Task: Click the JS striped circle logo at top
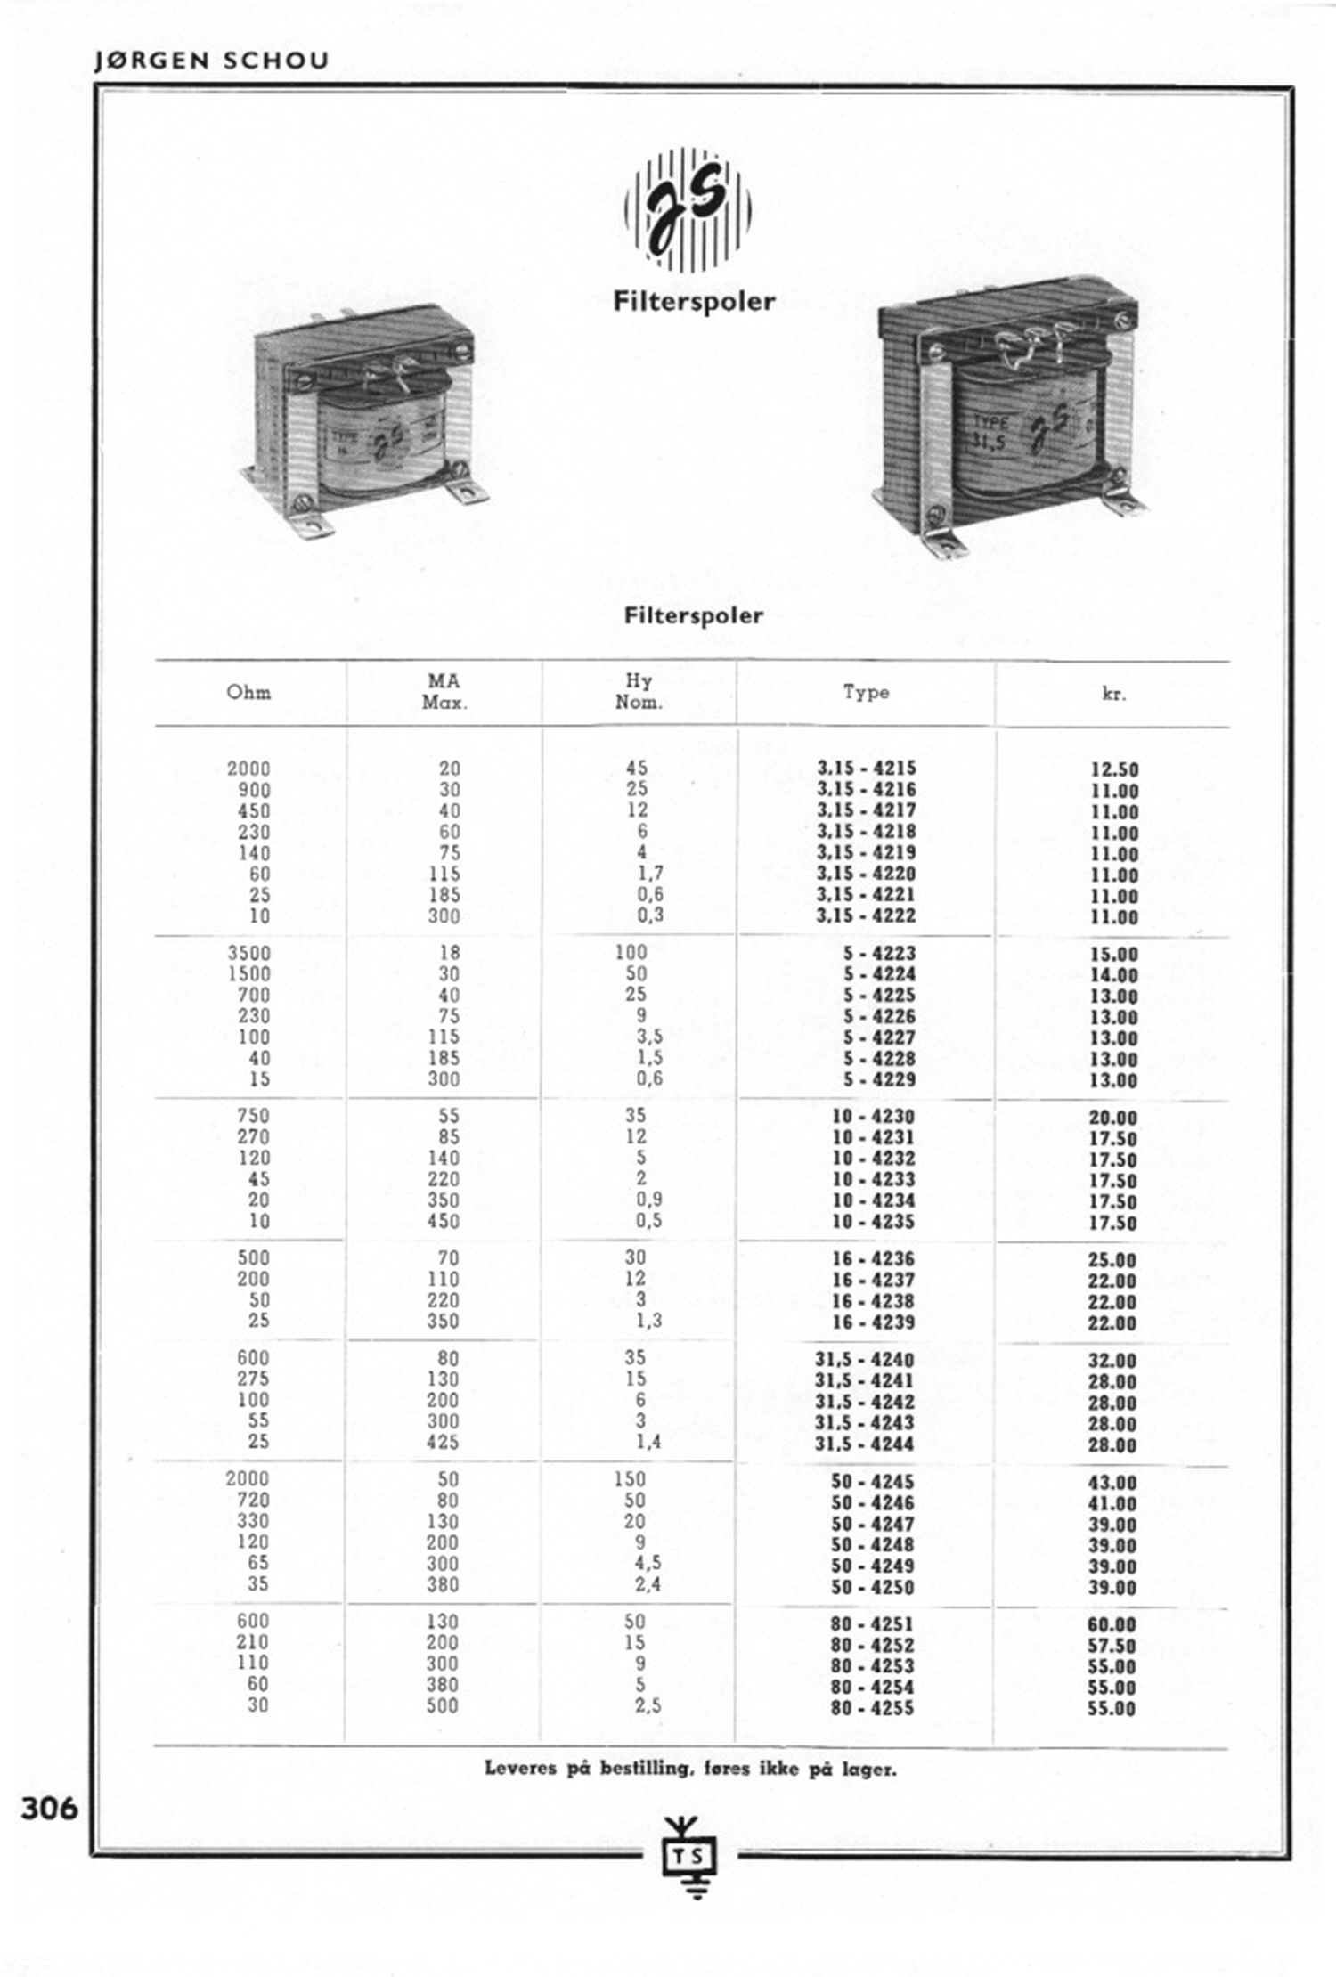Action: pos(688,210)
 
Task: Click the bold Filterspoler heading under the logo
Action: pos(694,301)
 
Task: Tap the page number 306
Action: pos(50,1809)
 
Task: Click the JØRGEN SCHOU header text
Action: pos(212,61)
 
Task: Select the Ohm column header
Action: pos(248,692)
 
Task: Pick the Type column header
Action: pos(866,692)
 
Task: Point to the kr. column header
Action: pos(1113,694)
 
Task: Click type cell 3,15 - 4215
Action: pos(866,768)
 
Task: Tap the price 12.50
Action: pos(1114,769)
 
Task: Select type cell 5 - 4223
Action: pos(879,953)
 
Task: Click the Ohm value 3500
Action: pos(248,953)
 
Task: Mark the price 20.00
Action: pos(1112,1118)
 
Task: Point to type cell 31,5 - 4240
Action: pos(864,1359)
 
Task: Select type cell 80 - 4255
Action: pos(872,1708)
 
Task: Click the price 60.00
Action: pos(1112,1624)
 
